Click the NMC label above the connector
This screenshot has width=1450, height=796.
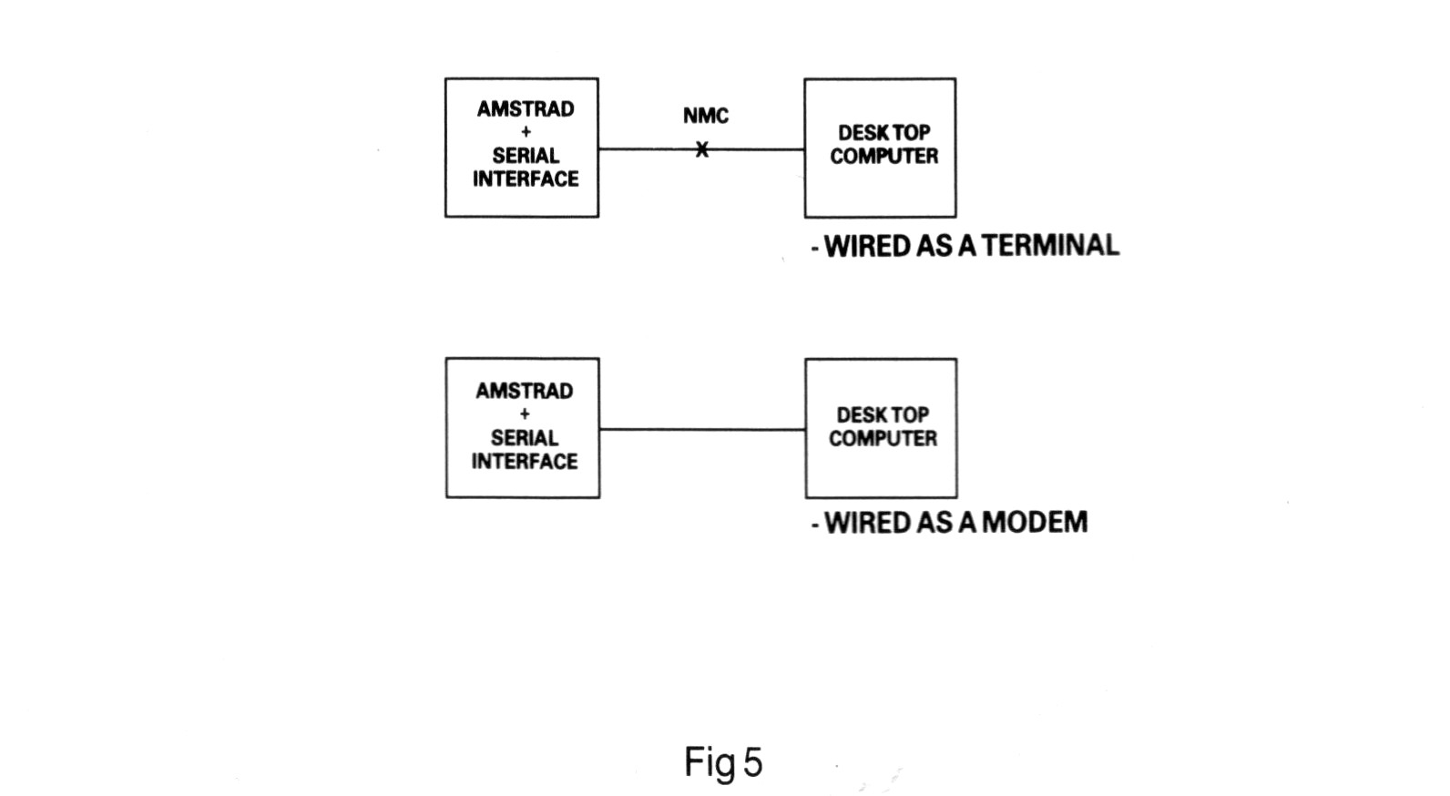coord(706,116)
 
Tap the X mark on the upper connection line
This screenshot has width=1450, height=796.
coord(701,149)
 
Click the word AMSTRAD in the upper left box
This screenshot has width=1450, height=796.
coord(526,109)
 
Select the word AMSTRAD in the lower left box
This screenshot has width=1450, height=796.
coord(525,391)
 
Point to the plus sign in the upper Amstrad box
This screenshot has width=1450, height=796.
coord(526,132)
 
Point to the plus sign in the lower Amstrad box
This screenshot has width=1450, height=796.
coord(525,413)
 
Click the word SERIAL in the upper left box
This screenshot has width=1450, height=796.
coord(526,156)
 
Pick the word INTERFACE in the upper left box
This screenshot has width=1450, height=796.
coord(526,179)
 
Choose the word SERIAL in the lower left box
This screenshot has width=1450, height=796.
coord(525,437)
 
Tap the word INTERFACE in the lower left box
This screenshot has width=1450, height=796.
coord(525,461)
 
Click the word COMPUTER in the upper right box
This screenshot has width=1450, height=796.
coord(883,157)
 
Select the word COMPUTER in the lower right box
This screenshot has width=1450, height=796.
coord(883,438)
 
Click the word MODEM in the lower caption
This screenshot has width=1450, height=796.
coord(1035,522)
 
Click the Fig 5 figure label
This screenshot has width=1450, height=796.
coord(723,762)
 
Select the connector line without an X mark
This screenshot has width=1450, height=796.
coord(702,429)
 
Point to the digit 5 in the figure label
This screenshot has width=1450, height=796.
coord(752,762)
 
